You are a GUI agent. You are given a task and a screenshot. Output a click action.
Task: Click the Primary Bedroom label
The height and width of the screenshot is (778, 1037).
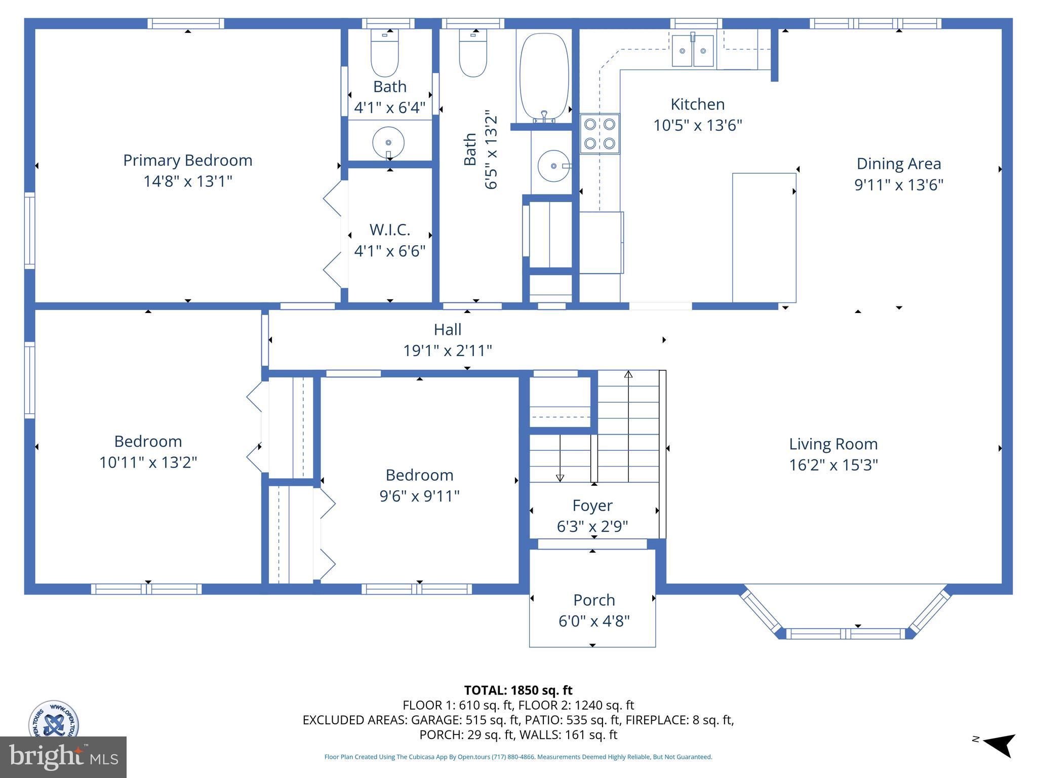click(187, 161)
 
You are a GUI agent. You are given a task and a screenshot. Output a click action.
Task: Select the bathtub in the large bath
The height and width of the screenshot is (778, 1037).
click(544, 76)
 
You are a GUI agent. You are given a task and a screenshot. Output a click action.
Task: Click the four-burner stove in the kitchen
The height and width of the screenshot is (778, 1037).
click(600, 134)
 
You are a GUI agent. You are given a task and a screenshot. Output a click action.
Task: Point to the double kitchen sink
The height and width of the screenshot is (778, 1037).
click(693, 51)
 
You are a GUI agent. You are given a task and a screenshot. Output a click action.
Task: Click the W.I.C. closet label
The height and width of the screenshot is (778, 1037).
click(389, 230)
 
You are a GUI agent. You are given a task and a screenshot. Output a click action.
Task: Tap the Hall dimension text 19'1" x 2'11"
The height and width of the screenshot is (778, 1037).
click(448, 351)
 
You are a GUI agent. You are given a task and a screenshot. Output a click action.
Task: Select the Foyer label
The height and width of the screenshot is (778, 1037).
click(592, 505)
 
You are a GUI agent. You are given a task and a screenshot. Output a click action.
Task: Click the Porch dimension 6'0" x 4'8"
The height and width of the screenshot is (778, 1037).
click(594, 621)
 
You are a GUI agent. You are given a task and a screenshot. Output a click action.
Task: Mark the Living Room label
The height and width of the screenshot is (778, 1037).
click(833, 444)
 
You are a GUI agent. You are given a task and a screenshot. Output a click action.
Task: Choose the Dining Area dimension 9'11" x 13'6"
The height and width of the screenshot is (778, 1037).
click(899, 185)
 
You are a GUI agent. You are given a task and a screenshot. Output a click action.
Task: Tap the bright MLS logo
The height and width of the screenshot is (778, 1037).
click(63, 757)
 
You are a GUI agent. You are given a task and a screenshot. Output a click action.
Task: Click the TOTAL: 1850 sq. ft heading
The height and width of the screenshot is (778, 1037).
click(518, 690)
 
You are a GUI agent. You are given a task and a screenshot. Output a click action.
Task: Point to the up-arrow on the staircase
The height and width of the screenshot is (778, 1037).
click(628, 375)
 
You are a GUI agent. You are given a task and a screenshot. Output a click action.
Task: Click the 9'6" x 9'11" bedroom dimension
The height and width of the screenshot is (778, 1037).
click(419, 496)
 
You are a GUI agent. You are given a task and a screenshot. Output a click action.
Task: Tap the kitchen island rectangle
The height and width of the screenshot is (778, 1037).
click(764, 238)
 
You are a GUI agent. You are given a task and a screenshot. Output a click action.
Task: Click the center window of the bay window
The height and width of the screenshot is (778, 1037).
click(845, 634)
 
